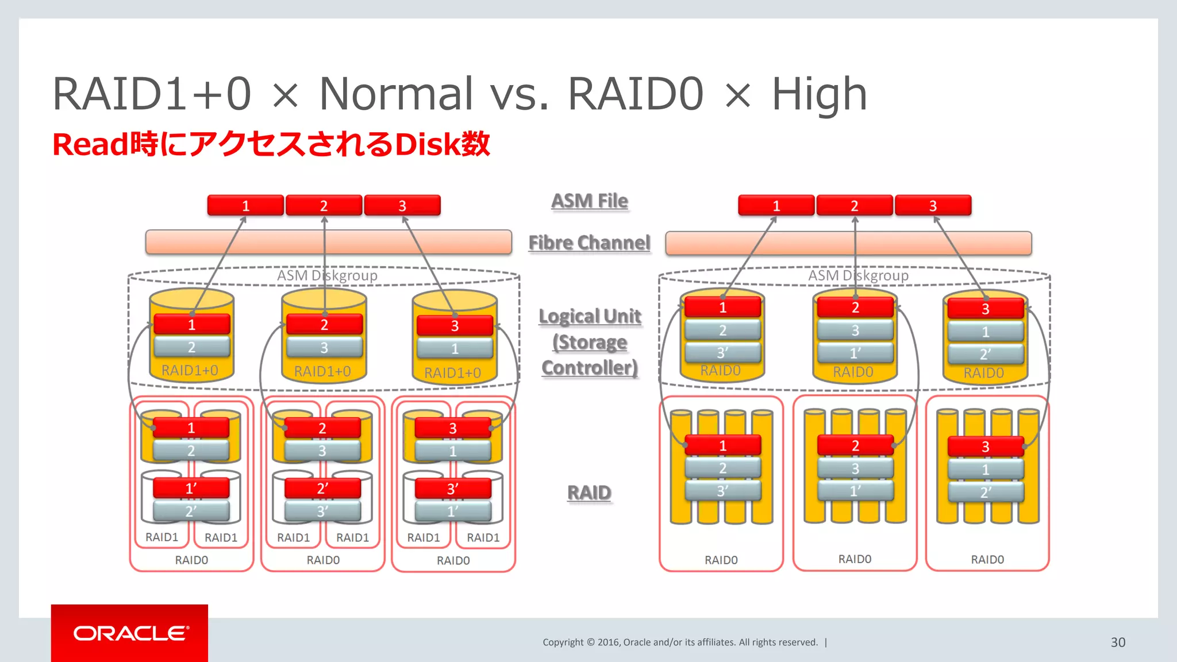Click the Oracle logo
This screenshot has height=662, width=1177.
coord(130,633)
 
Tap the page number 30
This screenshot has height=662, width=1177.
coord(1117,642)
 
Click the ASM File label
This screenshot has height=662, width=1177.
coord(589,201)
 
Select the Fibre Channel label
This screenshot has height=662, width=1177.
coord(589,243)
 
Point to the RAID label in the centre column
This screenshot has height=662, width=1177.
coord(589,492)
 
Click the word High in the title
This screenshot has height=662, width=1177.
coord(818,95)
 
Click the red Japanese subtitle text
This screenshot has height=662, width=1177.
coord(271,144)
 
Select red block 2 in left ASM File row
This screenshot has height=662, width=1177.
coord(324,206)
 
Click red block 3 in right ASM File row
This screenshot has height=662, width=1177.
coord(933,206)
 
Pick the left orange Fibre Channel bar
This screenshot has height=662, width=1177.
coord(328,242)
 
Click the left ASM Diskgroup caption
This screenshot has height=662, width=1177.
coord(327,276)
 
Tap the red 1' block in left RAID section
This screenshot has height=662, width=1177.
coord(191,488)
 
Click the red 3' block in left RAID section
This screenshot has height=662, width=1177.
coord(453,489)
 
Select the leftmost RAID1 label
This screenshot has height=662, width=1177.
coord(161,537)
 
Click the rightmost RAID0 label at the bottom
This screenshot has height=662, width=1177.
coord(987,560)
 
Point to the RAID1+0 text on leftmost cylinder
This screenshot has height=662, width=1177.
coord(190,371)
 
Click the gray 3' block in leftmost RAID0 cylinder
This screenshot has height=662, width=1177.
coord(722,352)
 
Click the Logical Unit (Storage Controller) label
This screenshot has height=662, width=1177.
coord(590,342)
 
